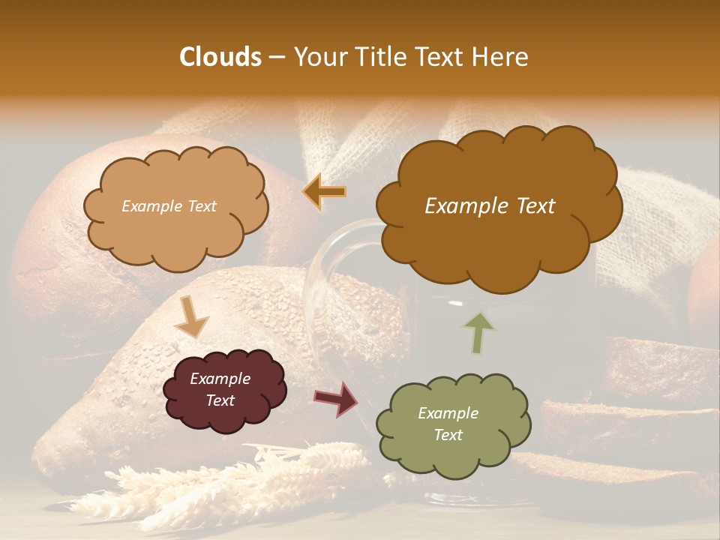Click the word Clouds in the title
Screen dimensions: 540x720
tap(220, 57)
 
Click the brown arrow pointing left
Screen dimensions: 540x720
tap(324, 192)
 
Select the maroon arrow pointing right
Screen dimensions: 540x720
tap(336, 398)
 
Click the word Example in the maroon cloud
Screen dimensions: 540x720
tap(220, 379)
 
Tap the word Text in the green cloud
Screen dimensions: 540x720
tap(448, 435)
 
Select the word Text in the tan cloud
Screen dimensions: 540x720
tap(199, 206)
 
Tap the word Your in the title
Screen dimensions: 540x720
tap(317, 57)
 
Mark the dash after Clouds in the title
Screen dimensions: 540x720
tap(276, 57)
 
